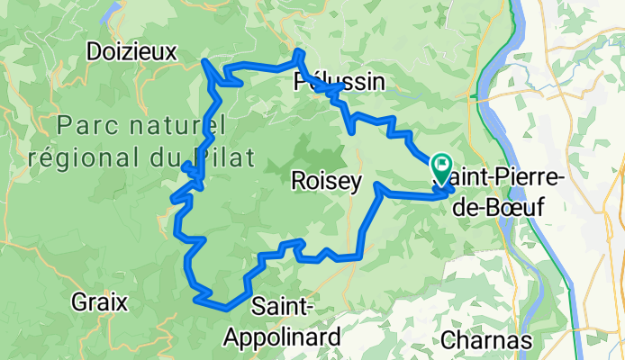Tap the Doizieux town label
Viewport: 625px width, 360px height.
point(132,51)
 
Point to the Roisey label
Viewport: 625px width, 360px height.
point(326,182)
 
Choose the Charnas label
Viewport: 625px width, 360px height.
point(486,341)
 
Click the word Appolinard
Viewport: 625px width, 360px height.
point(284,337)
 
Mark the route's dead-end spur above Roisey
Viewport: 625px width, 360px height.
point(350,133)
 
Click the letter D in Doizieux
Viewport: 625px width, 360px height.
point(95,51)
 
